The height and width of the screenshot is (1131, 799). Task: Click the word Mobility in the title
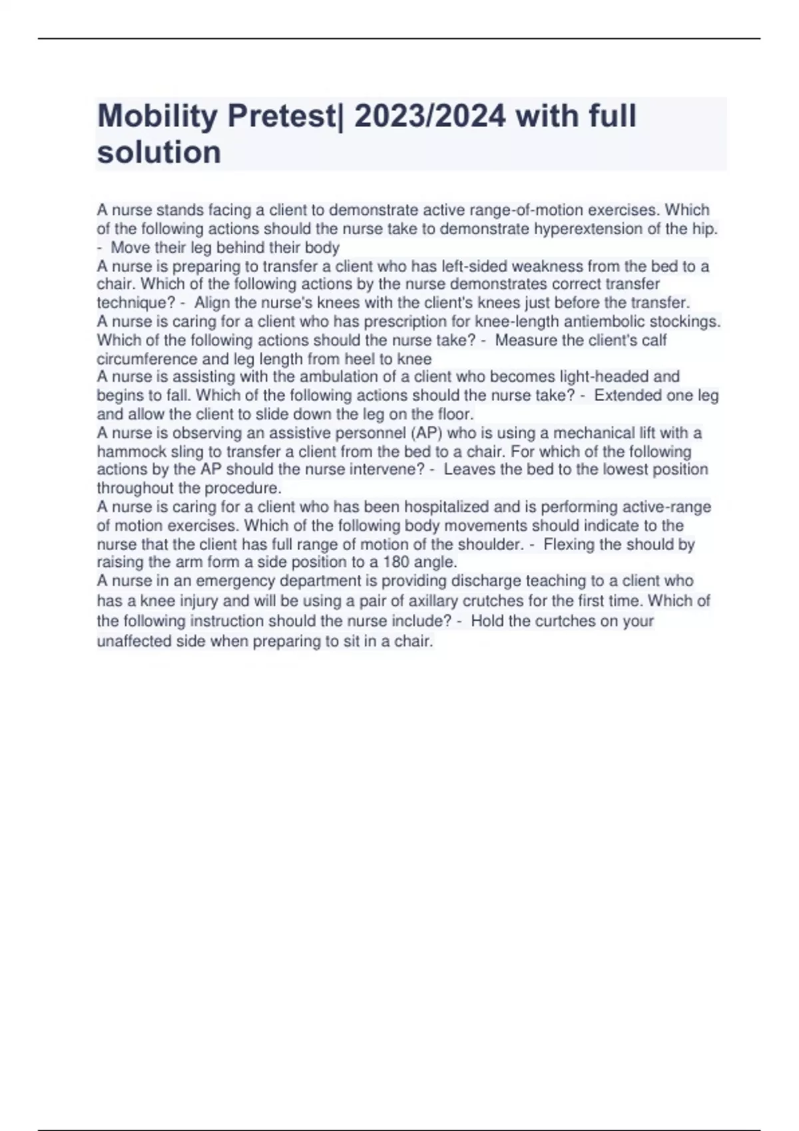pos(157,117)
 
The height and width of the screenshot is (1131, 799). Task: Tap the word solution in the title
pos(159,152)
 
